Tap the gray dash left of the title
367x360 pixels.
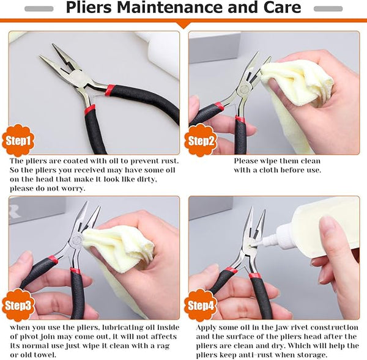click(x=39, y=9)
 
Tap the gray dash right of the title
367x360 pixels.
click(x=327, y=9)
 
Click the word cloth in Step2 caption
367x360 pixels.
click(x=259, y=170)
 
